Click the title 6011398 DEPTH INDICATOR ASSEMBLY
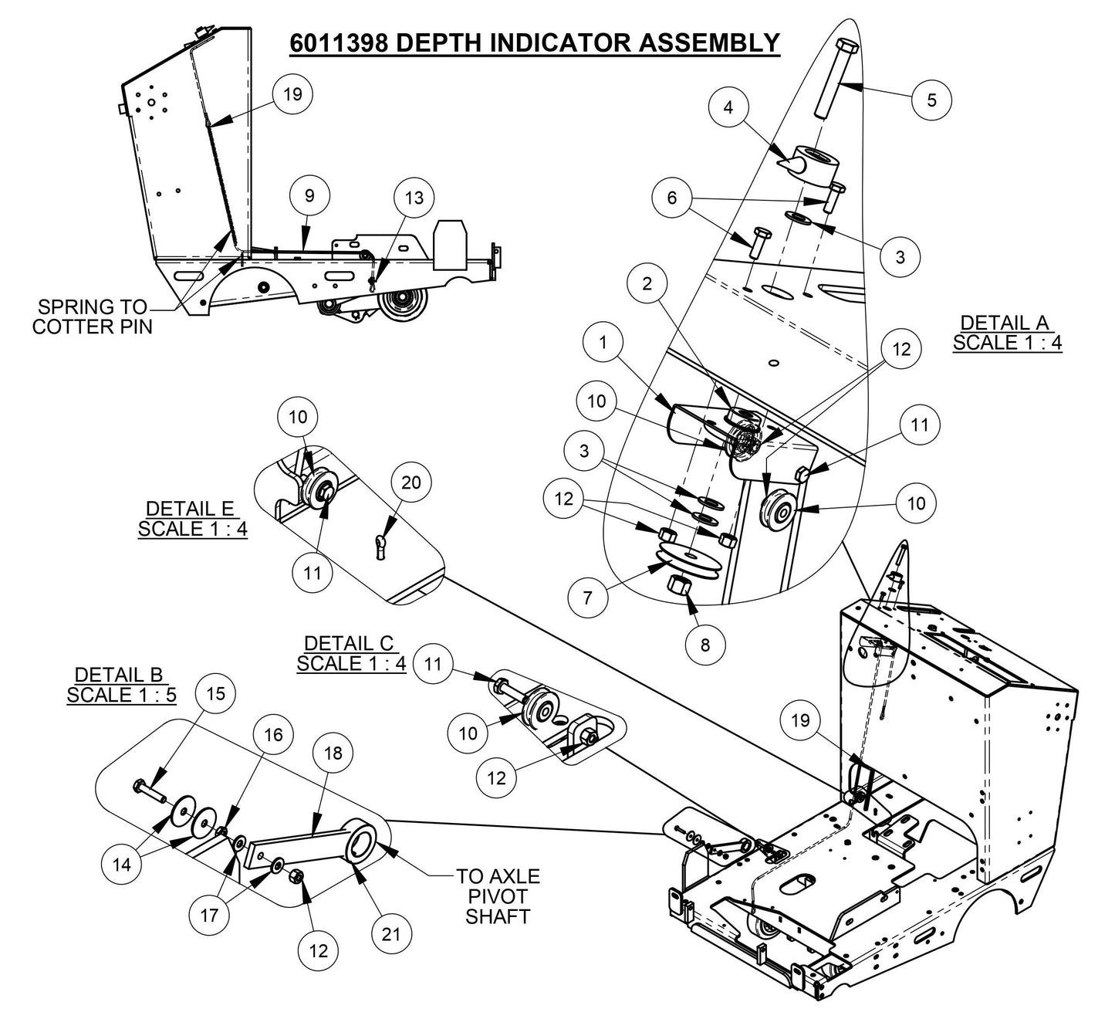(x=534, y=42)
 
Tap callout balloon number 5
(x=931, y=100)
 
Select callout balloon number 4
(x=728, y=107)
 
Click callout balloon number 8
(x=704, y=642)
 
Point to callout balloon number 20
(x=411, y=482)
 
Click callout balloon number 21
(x=391, y=933)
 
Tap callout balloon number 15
(x=216, y=692)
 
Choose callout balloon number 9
(x=309, y=196)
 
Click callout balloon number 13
(x=414, y=198)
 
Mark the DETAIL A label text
(x=1004, y=323)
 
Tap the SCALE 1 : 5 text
(x=121, y=695)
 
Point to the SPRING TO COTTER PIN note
(x=93, y=317)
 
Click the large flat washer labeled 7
(x=688, y=560)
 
